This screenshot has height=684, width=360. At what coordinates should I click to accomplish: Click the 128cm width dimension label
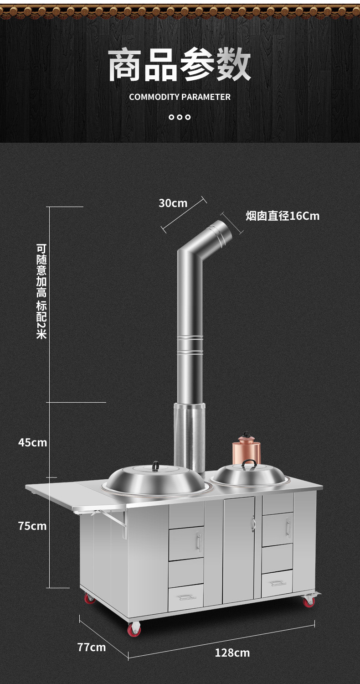(x=232, y=653)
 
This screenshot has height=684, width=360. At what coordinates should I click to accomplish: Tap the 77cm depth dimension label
(x=92, y=647)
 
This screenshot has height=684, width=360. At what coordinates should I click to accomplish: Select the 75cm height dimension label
(x=32, y=526)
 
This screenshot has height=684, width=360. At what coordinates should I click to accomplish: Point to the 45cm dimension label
(x=33, y=442)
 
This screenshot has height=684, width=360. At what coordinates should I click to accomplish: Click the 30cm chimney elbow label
(x=173, y=203)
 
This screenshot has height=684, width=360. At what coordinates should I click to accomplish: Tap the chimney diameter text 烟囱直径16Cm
(x=283, y=216)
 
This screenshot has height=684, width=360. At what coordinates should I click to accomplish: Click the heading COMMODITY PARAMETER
(x=180, y=97)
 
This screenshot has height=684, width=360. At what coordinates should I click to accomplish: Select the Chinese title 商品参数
(x=180, y=65)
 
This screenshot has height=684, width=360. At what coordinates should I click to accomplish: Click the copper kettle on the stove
(x=247, y=448)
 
